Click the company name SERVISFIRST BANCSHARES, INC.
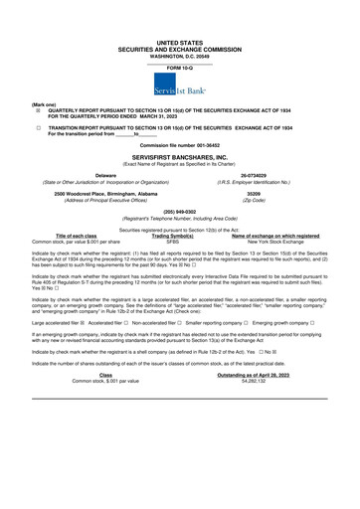179,158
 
